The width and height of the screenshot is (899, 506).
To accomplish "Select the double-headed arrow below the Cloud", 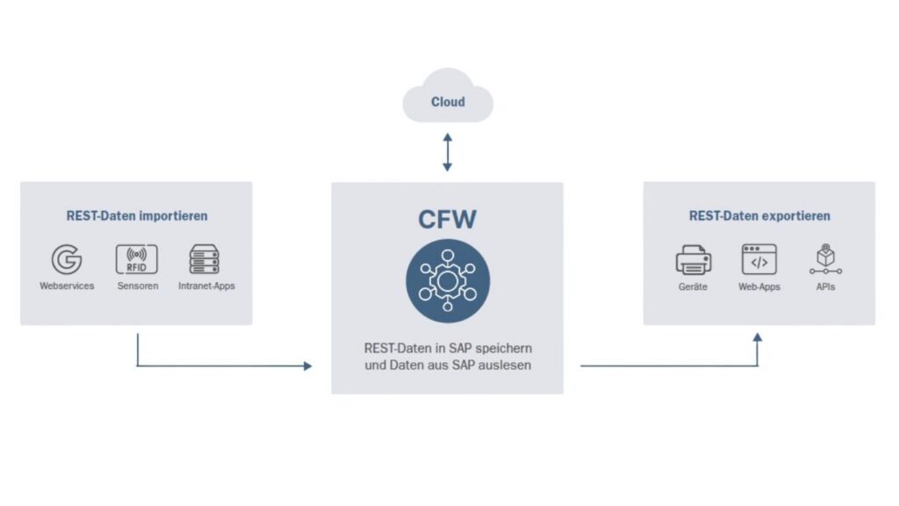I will pyautogui.click(x=448, y=152).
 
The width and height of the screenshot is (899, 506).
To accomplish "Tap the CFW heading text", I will pyautogui.click(x=447, y=218).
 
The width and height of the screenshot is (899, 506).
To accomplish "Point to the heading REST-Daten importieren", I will pyautogui.click(x=137, y=215).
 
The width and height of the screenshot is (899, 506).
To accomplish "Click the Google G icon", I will pyautogui.click(x=67, y=260).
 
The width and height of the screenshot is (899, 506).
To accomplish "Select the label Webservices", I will pyautogui.click(x=67, y=286).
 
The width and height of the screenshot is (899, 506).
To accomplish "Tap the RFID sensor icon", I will pyautogui.click(x=137, y=259).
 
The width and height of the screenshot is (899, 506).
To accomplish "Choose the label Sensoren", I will pyautogui.click(x=138, y=286).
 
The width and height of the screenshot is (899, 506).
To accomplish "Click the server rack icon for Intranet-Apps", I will pyautogui.click(x=205, y=259).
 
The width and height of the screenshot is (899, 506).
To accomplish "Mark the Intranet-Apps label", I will pyautogui.click(x=206, y=286).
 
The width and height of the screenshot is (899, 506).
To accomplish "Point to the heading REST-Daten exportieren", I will pyautogui.click(x=759, y=215).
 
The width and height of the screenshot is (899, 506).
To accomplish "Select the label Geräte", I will pyautogui.click(x=693, y=287).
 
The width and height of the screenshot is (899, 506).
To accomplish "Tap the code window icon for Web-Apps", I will pyautogui.click(x=759, y=260).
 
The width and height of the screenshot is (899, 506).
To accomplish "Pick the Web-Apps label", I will pyautogui.click(x=759, y=287).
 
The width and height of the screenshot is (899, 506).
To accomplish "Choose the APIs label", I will pyautogui.click(x=824, y=287).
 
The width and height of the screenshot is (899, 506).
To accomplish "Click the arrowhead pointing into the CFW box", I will pyautogui.click(x=307, y=365).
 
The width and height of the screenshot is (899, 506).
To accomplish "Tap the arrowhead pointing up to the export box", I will pyautogui.click(x=758, y=337).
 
